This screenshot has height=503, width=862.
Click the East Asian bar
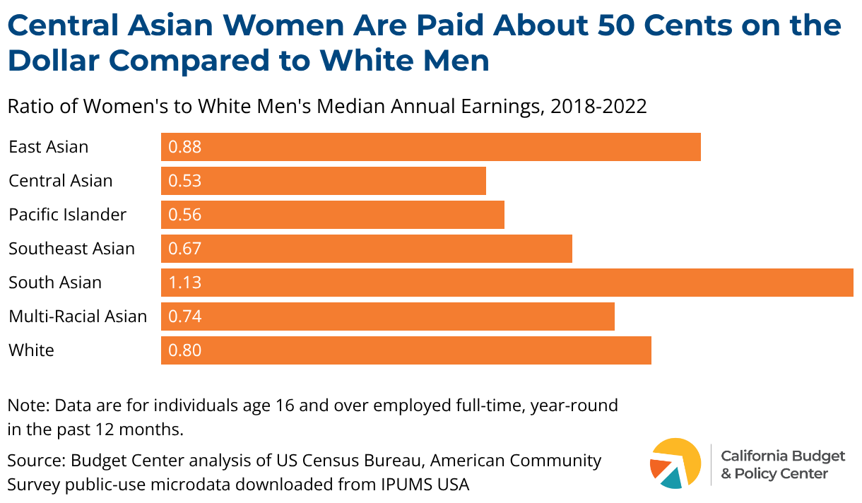coord(431,147)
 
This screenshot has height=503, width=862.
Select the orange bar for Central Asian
coord(324,181)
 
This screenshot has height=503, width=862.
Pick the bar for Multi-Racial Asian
coord(388,316)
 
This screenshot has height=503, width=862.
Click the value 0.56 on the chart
coord(185,215)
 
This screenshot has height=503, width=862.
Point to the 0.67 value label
coord(185,249)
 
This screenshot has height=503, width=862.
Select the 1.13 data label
coord(185,283)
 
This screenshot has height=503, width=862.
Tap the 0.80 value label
coord(185,350)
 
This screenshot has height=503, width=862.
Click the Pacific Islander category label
coord(67,215)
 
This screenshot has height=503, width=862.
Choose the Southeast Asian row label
coord(71,249)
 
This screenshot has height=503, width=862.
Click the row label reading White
coord(31,350)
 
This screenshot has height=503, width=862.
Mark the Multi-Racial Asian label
coord(78,316)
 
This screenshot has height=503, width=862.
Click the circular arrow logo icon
coord(675,463)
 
